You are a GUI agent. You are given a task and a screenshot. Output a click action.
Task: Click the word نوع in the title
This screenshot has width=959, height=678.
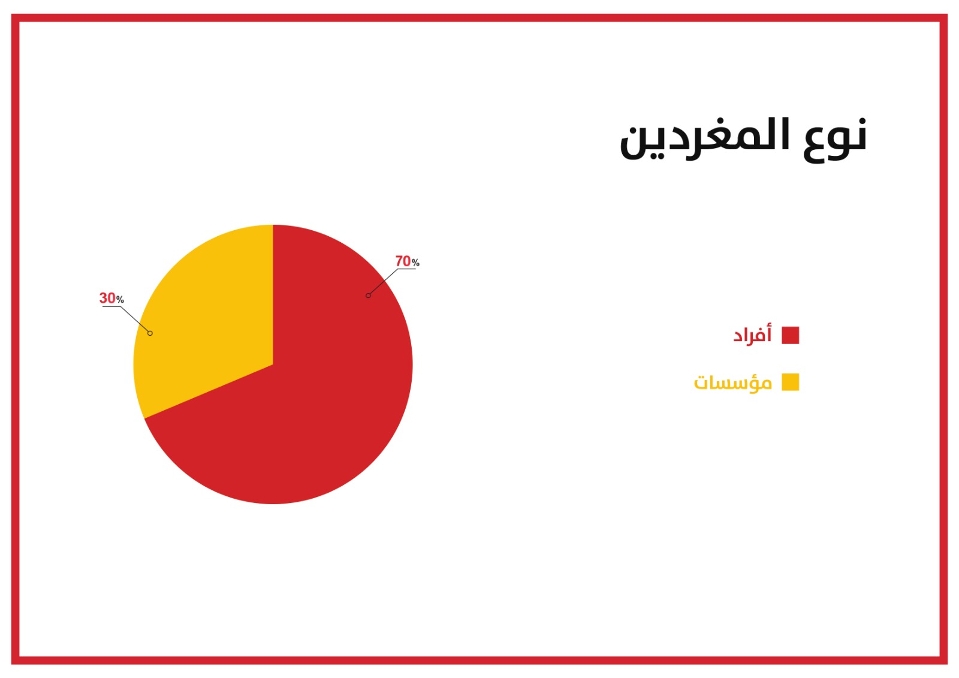point(835,140)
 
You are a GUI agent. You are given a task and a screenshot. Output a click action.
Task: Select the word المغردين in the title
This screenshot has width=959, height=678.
point(705,138)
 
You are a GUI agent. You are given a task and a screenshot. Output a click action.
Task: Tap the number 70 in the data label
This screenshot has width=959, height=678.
point(402,261)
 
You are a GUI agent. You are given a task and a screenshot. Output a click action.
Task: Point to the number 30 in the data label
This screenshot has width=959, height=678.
point(107,298)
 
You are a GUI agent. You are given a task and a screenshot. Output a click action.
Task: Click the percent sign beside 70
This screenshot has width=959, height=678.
point(415,263)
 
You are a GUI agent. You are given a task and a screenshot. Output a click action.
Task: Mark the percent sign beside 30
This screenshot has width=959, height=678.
point(120,299)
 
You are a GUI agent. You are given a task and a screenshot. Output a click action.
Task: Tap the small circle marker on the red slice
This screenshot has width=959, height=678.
point(368,296)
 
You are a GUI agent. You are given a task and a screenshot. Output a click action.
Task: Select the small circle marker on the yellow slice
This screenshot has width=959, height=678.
point(150,333)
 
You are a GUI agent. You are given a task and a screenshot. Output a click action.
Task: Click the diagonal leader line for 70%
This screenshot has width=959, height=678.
point(383,282)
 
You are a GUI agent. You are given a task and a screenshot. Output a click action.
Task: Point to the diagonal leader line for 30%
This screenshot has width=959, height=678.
point(135,319)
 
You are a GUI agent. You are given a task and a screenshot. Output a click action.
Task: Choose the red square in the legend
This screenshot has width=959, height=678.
point(791,335)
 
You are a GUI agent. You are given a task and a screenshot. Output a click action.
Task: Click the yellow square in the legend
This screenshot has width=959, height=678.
point(791,382)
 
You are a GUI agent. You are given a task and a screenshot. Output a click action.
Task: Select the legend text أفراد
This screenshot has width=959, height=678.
point(752,334)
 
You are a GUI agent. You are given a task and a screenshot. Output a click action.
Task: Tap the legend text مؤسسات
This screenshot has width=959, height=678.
point(732,382)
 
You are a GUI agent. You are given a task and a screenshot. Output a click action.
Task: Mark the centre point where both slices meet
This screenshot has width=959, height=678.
point(273,364)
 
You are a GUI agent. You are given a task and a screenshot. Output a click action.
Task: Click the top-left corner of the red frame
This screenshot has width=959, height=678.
point(11,14)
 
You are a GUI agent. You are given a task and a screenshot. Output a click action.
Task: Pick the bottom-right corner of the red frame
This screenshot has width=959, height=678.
point(948,664)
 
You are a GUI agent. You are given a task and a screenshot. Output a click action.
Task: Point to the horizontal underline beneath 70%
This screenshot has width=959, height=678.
point(407,269)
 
